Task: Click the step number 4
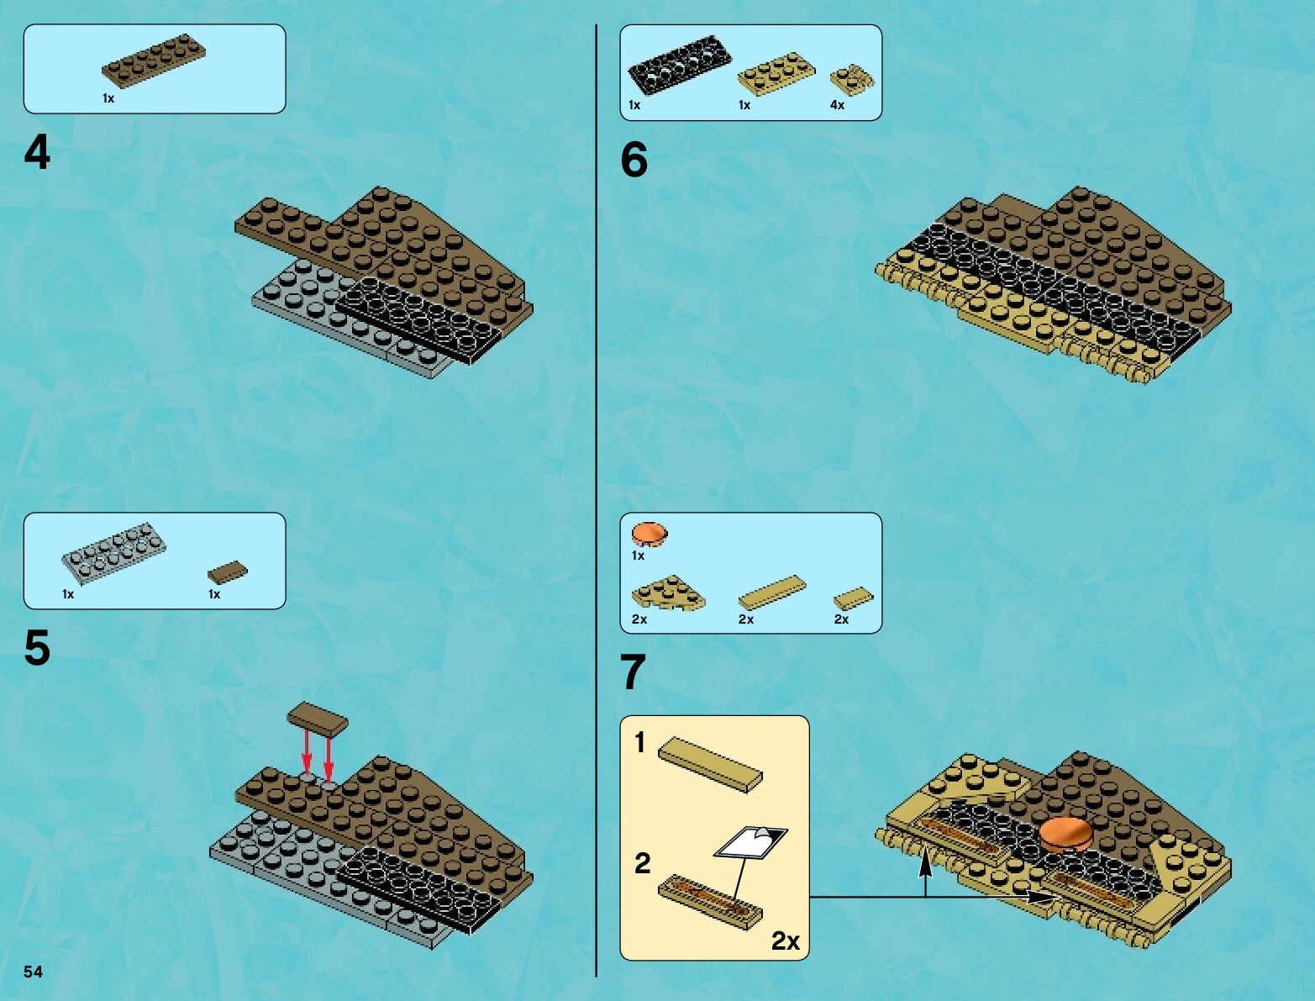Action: [37, 152]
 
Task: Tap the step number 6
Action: [634, 160]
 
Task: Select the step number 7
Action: [634, 672]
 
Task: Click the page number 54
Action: [33, 972]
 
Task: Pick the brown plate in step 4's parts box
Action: [154, 61]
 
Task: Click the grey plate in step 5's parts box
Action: [113, 554]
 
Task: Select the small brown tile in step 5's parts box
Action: [228, 572]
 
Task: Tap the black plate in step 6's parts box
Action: [680, 65]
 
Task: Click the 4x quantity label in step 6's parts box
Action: [837, 105]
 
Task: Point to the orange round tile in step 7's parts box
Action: [650, 535]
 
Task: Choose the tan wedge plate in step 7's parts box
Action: [668, 593]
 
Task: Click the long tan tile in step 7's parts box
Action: [772, 593]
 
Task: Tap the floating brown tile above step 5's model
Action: [318, 719]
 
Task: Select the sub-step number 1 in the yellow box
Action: [639, 742]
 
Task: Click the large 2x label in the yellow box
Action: [786, 941]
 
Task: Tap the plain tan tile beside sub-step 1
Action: [711, 765]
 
